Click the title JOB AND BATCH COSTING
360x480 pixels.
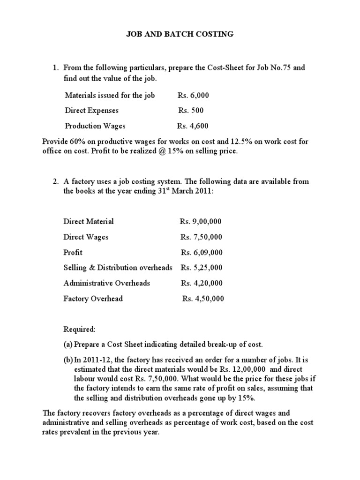180,34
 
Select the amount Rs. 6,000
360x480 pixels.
193,96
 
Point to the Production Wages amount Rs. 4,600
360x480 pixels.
193,126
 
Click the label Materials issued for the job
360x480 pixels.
110,96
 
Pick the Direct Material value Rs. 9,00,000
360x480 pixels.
201,221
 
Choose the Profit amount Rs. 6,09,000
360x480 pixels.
202,252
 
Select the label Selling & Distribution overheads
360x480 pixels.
118,268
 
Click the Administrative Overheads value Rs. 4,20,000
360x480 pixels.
202,283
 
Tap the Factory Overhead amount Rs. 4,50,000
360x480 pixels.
203,299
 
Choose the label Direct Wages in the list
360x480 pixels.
86,237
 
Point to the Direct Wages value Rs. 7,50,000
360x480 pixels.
201,237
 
